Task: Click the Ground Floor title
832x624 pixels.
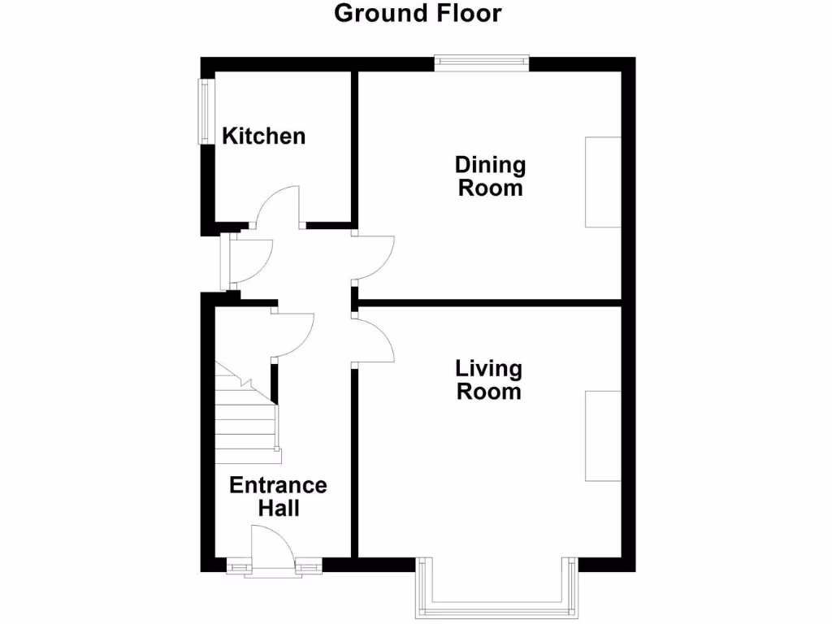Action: coord(418,14)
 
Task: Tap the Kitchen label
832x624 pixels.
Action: coord(264,136)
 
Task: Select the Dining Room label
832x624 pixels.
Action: coord(490,176)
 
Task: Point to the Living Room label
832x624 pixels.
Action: coord(488,379)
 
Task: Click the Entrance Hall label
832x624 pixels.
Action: coord(278,496)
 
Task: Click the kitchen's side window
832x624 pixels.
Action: coord(205,110)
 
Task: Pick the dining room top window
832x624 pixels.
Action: coord(482,59)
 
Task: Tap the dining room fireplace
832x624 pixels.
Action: coord(603,182)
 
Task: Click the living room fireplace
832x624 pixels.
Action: coord(603,435)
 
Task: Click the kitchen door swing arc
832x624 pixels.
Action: coord(278,203)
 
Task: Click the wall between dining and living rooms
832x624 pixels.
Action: coord(487,302)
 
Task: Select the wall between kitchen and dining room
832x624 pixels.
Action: coord(354,146)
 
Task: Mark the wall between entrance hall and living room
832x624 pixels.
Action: coord(354,463)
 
